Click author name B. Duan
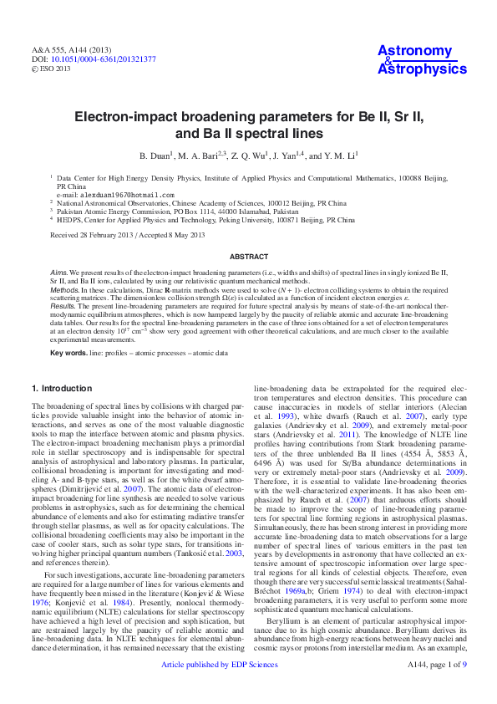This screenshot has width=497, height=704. coord(154,156)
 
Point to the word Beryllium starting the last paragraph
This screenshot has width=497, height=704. coord(283,623)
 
